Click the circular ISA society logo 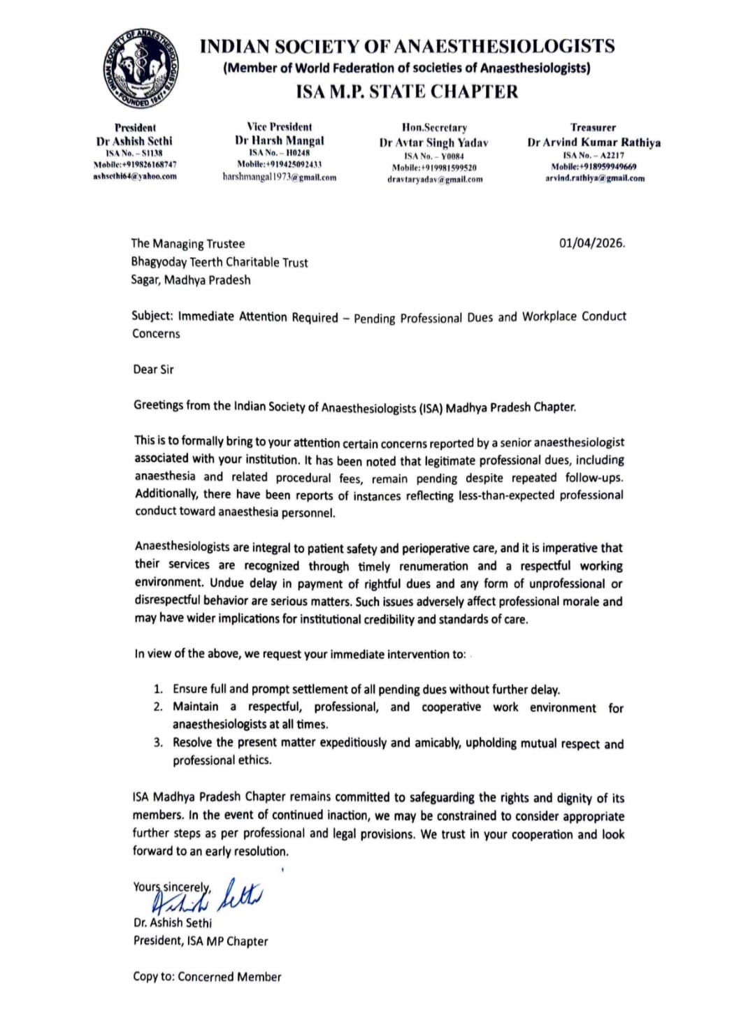click(x=141, y=68)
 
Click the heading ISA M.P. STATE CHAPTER click(x=407, y=92)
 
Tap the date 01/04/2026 click(x=591, y=243)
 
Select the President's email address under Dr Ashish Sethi click(x=135, y=176)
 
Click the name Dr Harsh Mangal click(x=280, y=140)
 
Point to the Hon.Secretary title click(x=434, y=127)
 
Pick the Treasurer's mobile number click(x=594, y=166)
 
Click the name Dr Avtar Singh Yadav click(x=433, y=143)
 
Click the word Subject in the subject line click(x=152, y=315)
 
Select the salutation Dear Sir click(x=153, y=369)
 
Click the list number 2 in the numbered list click(x=158, y=706)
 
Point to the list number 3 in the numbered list click(x=158, y=742)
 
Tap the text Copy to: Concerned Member click(x=207, y=977)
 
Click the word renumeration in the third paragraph click(x=433, y=566)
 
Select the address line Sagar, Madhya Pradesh click(x=190, y=279)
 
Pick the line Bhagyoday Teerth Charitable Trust click(x=219, y=262)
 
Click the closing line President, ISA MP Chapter click(x=201, y=940)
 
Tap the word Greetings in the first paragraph click(x=158, y=405)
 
